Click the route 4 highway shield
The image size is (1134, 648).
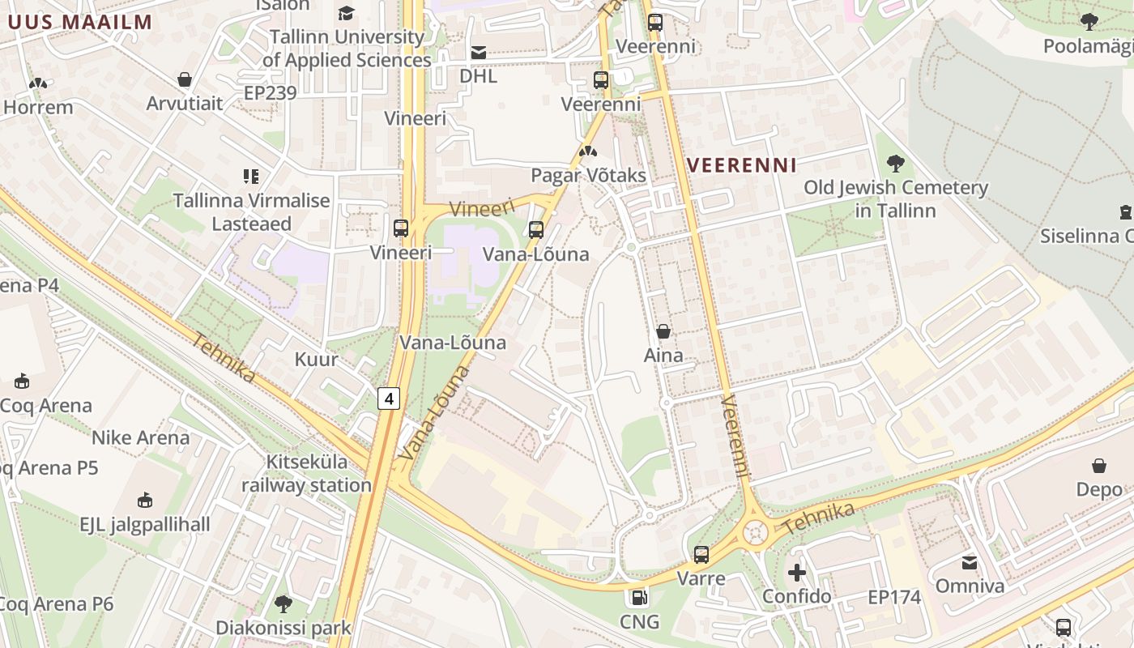[390, 399]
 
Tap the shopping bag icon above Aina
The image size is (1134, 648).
[663, 331]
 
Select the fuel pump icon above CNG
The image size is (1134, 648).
[639, 598]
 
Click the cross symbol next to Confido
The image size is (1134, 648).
[797, 573]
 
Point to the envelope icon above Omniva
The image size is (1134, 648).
[970, 562]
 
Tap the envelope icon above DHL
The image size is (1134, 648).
[479, 53]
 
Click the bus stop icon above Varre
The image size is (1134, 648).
[701, 555]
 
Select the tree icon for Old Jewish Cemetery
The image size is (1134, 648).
[895, 164]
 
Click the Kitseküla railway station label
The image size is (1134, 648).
[306, 474]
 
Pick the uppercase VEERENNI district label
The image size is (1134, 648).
[742, 165]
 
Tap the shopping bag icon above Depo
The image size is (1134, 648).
[1099, 466]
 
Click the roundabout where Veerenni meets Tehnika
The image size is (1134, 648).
[755, 532]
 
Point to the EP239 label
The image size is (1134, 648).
[271, 93]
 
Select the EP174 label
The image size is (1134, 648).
[894, 598]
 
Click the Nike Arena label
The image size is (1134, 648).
[140, 438]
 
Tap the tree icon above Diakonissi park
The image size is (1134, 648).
[283, 603]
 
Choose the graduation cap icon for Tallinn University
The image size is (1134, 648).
[347, 13]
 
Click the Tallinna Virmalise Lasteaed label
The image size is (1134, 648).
[251, 212]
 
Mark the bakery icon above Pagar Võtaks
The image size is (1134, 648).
[588, 151]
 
